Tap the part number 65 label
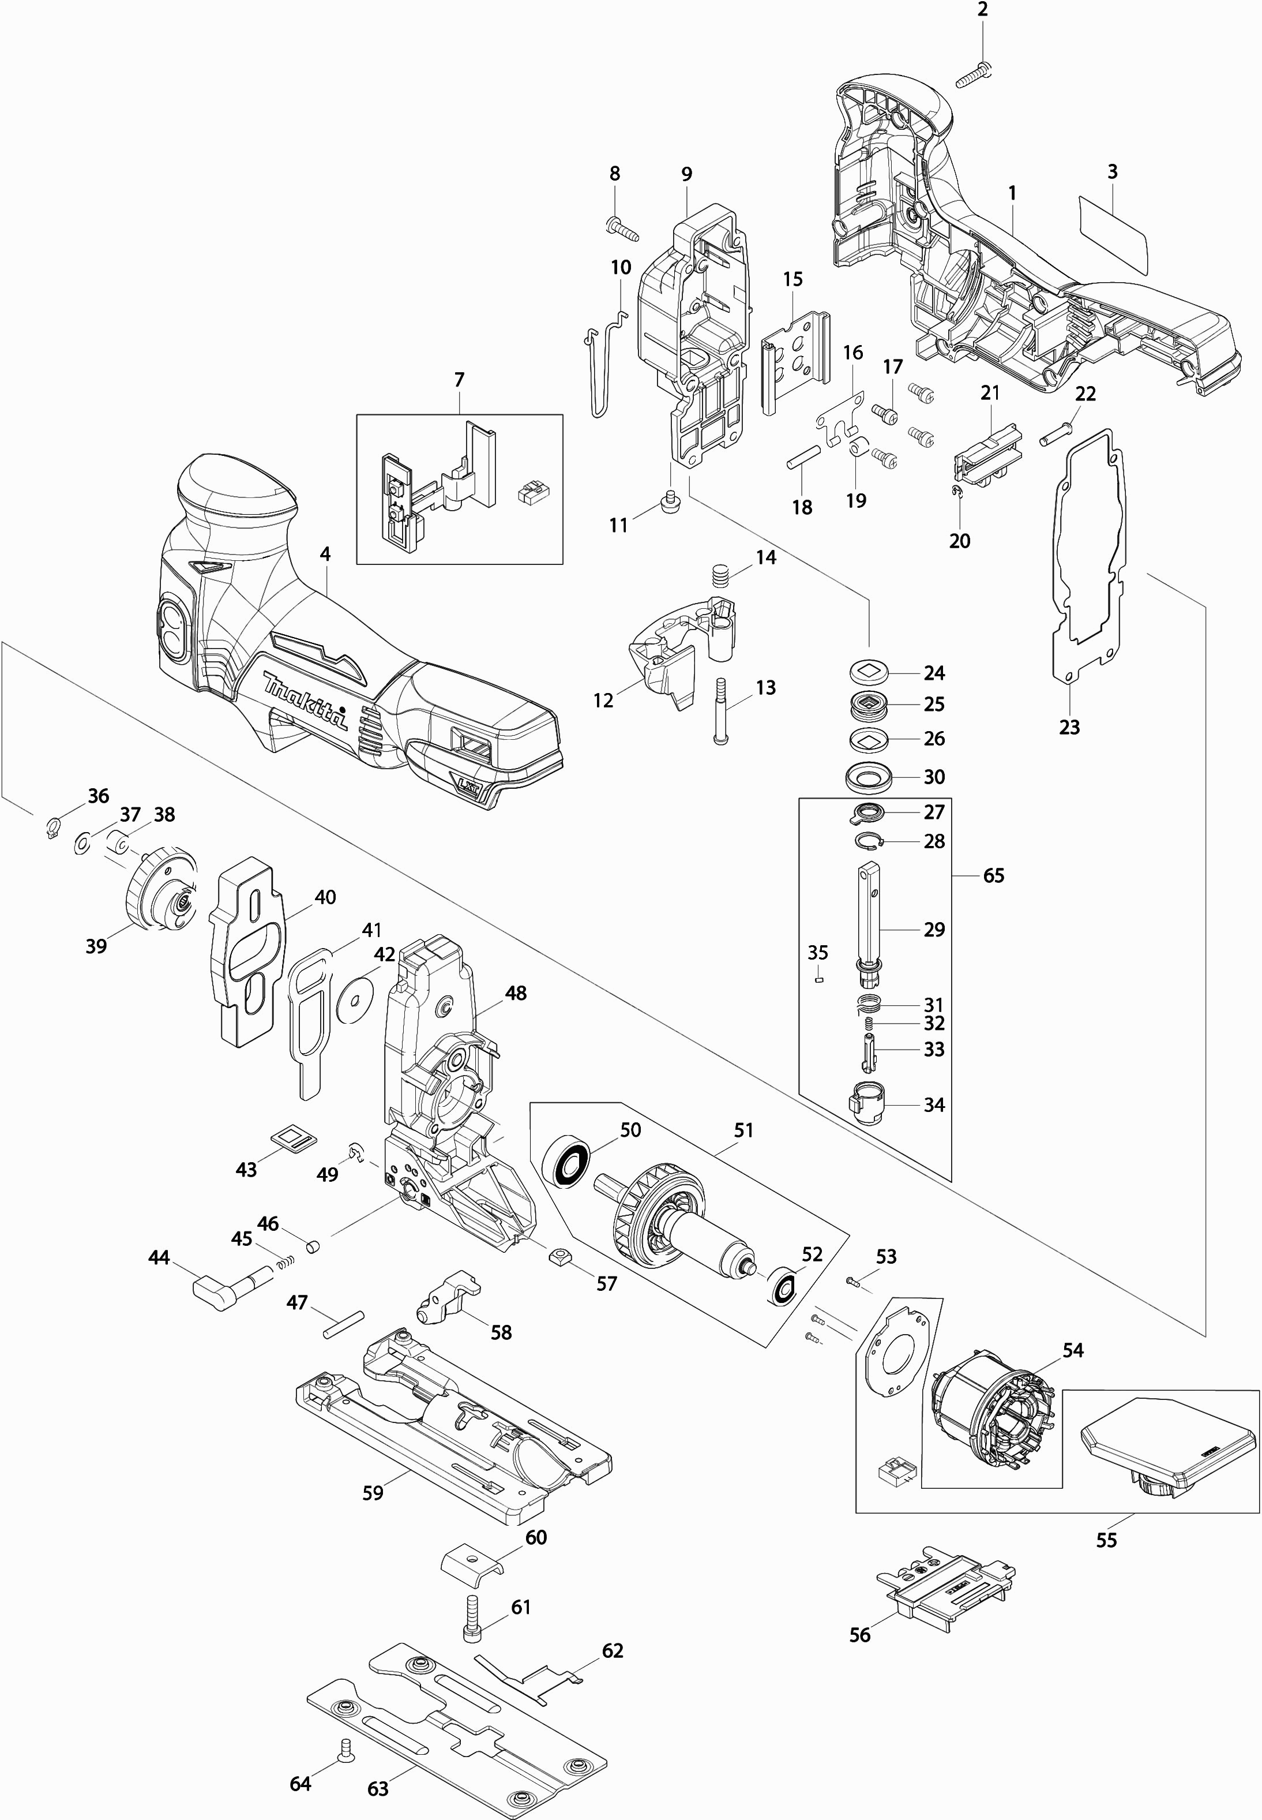tap(993, 875)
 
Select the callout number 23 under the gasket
tap(1069, 726)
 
